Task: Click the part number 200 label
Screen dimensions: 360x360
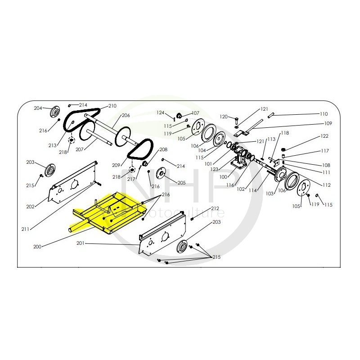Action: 37,247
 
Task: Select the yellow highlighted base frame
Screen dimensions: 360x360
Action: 108,214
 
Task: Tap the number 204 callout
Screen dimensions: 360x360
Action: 38,108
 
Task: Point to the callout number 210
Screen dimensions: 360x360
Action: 112,106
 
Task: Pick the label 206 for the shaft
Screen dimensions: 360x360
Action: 126,115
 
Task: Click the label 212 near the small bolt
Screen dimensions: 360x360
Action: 215,208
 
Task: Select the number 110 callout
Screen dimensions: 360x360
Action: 324,114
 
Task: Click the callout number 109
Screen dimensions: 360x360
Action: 328,123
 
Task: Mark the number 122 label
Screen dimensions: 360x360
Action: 324,136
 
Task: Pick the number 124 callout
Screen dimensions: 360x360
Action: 161,112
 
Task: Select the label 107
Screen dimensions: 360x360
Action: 195,113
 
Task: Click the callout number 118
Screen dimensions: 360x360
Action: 285,133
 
